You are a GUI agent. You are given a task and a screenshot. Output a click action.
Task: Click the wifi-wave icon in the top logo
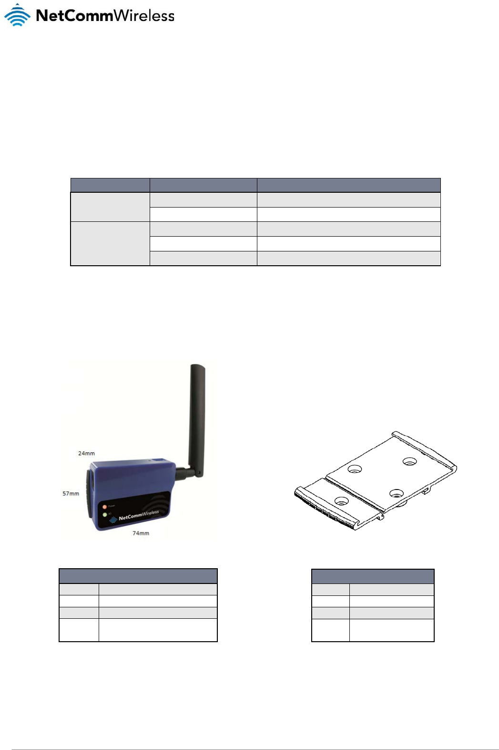[x=17, y=15]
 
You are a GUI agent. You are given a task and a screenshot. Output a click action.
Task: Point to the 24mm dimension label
[x=86, y=453]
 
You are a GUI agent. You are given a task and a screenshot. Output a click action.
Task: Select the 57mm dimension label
[x=71, y=493]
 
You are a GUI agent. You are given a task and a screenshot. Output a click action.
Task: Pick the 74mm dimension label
[x=141, y=533]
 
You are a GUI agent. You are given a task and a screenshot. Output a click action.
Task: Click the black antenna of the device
[x=196, y=410]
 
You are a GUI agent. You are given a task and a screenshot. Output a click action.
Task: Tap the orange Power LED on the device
[x=104, y=506]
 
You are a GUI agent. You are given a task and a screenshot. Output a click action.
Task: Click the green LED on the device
[x=104, y=514]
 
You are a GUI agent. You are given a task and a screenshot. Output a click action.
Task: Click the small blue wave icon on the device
[x=113, y=520]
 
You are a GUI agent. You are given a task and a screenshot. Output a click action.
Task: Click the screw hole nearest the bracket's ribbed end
[x=341, y=501]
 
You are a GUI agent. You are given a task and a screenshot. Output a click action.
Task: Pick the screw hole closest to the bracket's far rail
[x=409, y=461]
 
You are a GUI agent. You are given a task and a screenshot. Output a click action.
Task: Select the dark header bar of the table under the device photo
[x=138, y=576]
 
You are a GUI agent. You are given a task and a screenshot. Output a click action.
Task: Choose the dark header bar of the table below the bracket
[x=373, y=576]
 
